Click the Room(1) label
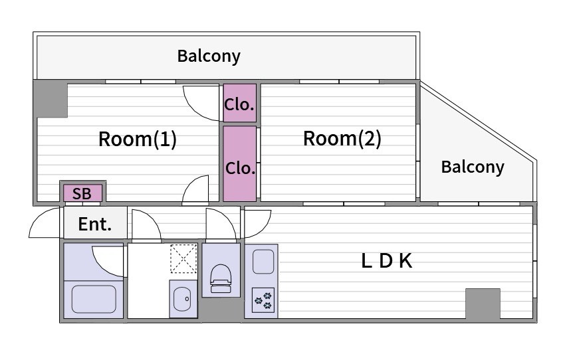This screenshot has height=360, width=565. pyautogui.click(x=138, y=139)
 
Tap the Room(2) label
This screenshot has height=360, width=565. pyautogui.click(x=342, y=139)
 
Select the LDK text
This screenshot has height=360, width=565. pyautogui.click(x=387, y=261)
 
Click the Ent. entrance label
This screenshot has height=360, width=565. pyautogui.click(x=95, y=225)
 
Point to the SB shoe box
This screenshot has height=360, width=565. pyautogui.click(x=82, y=193)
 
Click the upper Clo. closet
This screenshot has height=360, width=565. pyautogui.click(x=239, y=103)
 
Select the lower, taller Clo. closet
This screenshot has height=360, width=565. pyautogui.click(x=239, y=164)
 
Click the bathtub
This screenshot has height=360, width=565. pyautogui.click(x=94, y=299)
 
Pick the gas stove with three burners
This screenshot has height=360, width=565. pyautogui.click(x=263, y=300)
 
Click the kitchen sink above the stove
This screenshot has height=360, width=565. pyautogui.click(x=263, y=262)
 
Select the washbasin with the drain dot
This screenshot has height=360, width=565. pyautogui.click(x=182, y=299)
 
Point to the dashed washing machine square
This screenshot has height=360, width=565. pyautogui.click(x=183, y=258)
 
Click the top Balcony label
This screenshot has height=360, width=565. pyautogui.click(x=209, y=56)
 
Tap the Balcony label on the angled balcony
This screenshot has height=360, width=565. pyautogui.click(x=473, y=167)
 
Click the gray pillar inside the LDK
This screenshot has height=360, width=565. pyautogui.click(x=483, y=304)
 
